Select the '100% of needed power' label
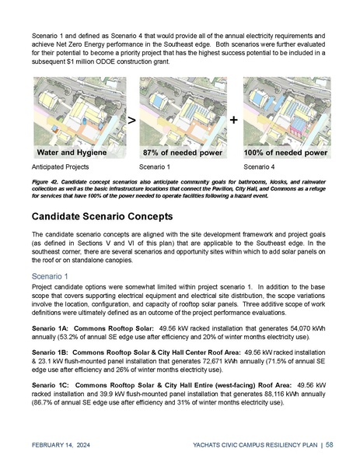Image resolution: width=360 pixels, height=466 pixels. pyautogui.click(x=285, y=152)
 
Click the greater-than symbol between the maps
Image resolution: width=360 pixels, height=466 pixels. pyautogui.click(x=131, y=121)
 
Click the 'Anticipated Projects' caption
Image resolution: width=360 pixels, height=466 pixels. pyautogui.click(x=60, y=167)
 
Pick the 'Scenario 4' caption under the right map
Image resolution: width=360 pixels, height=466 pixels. pyautogui.click(x=260, y=167)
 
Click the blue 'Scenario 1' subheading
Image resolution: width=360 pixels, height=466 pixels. pyautogui.click(x=51, y=275)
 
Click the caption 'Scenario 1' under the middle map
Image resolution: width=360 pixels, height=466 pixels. pyautogui.click(x=154, y=167)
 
